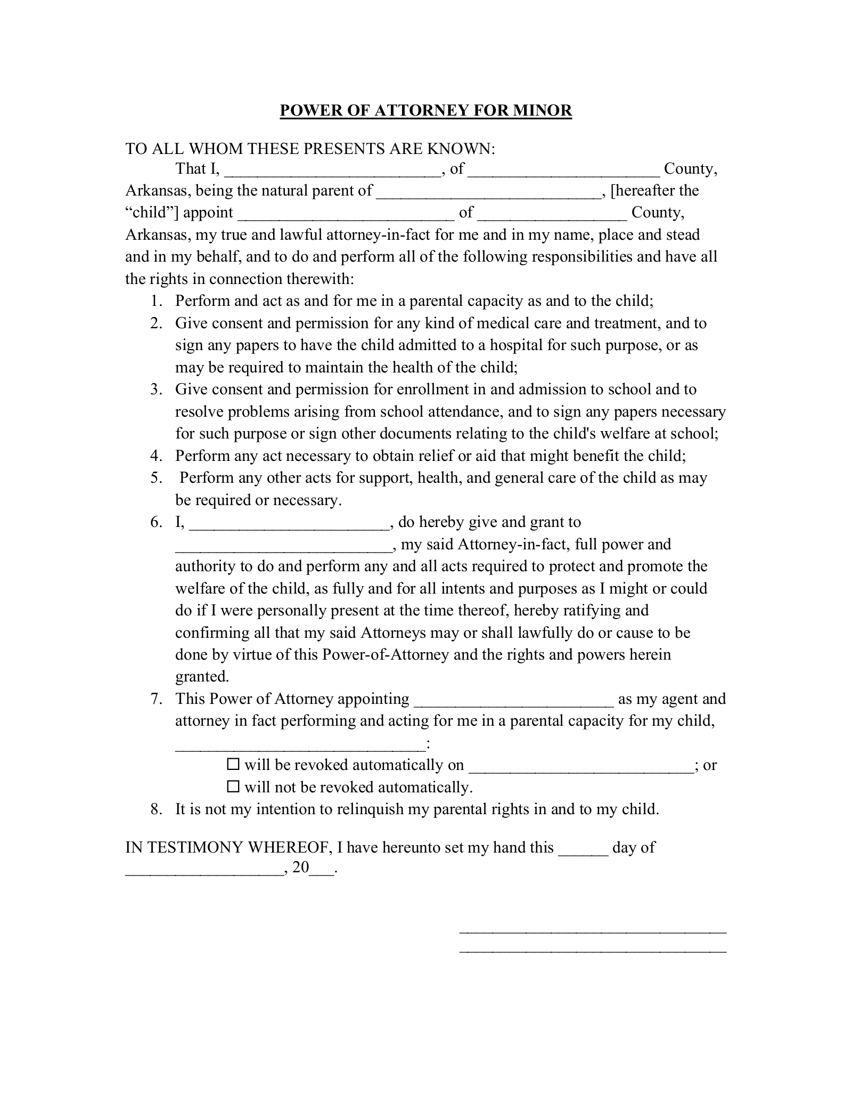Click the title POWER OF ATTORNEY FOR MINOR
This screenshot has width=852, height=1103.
(425, 110)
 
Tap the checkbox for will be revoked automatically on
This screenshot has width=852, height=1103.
(233, 765)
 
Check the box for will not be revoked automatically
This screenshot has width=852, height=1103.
(233, 786)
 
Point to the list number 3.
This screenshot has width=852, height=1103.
(155, 390)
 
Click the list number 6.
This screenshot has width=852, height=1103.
(155, 522)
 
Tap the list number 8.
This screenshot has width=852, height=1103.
(155, 809)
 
